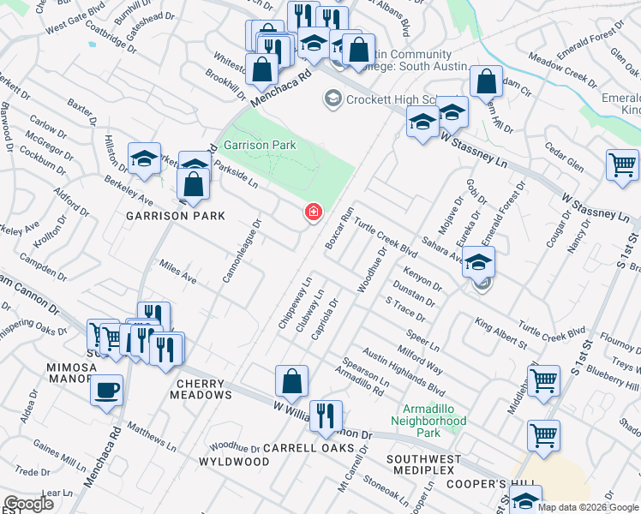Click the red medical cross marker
click(x=315, y=212)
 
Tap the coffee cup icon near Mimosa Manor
click(x=106, y=391)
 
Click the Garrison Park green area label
click(x=260, y=146)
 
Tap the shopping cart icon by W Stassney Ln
click(x=622, y=164)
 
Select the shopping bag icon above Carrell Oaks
click(x=291, y=382)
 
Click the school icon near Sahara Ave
click(x=480, y=262)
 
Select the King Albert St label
click(x=501, y=336)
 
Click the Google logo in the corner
click(x=27, y=504)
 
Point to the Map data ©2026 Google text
click(x=588, y=507)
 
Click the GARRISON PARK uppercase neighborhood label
click(x=176, y=216)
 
